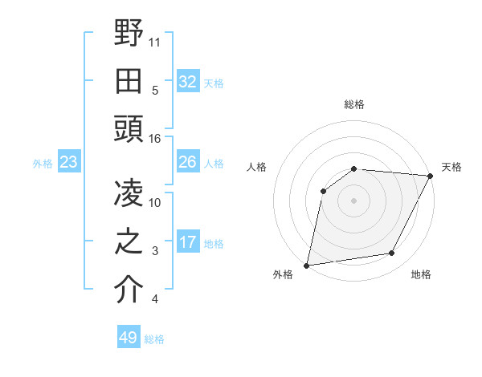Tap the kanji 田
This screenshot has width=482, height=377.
tap(129, 80)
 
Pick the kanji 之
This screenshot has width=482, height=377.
tap(129, 241)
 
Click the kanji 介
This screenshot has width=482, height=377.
tap(129, 290)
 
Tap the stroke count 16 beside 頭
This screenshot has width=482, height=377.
tap(155, 139)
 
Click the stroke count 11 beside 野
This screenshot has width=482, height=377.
tap(155, 42)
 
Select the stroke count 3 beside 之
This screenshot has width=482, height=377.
tap(155, 251)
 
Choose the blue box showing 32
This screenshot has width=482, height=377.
tap(187, 81)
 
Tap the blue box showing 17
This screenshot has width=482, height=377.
tap(187, 242)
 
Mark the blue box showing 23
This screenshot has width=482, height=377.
tap(68, 163)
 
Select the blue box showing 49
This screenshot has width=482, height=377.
tap(128, 338)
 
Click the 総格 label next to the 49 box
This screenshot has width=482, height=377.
tap(154, 339)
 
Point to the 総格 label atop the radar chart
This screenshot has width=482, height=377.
tap(353, 104)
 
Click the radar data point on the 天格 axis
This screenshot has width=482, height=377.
tap(431, 176)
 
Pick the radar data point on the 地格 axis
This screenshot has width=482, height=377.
tap(392, 253)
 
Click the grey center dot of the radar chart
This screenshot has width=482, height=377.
tap(353, 200)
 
